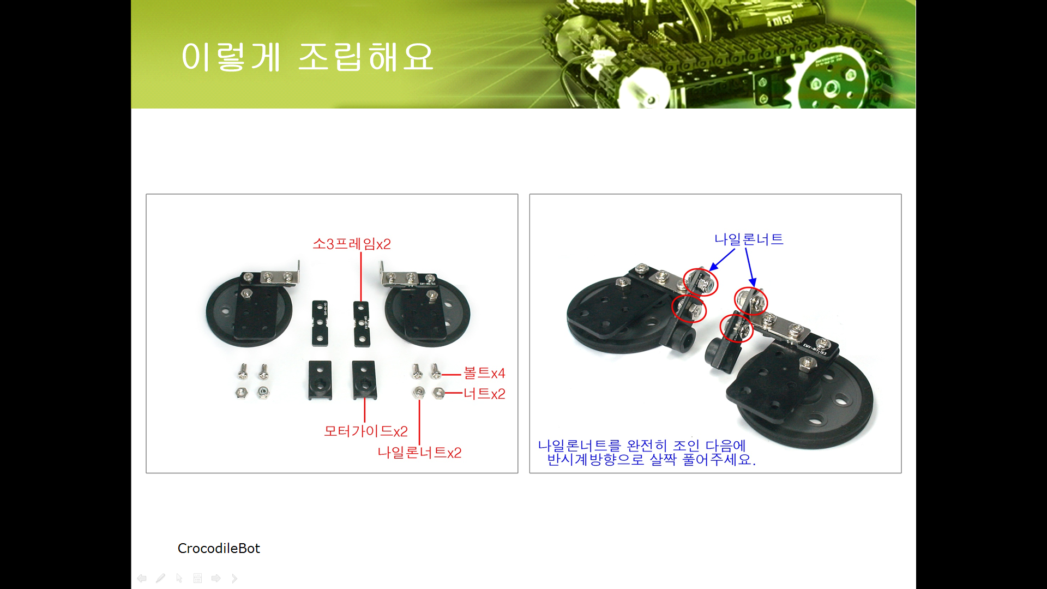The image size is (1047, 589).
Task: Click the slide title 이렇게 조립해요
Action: click(307, 57)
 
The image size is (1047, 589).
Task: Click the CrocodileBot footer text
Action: click(219, 548)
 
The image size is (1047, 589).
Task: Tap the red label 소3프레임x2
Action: click(352, 244)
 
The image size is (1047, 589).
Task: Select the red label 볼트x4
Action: click(484, 373)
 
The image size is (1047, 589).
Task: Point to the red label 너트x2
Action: click(484, 393)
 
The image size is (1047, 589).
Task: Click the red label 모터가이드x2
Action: click(366, 431)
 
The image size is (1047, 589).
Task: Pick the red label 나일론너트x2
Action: click(419, 452)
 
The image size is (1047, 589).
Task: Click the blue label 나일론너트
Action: click(749, 239)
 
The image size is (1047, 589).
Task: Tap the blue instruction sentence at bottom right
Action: click(647, 453)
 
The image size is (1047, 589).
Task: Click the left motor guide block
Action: click(320, 380)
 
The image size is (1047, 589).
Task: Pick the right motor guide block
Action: click(364, 380)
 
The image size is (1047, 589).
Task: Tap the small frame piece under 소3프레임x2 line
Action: click(362, 324)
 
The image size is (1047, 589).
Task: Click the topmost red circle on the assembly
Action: click(701, 282)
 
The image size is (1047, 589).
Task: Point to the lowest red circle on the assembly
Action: click(736, 328)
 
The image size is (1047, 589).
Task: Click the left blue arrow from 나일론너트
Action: click(722, 260)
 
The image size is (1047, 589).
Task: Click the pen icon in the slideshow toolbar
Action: click(160, 578)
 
